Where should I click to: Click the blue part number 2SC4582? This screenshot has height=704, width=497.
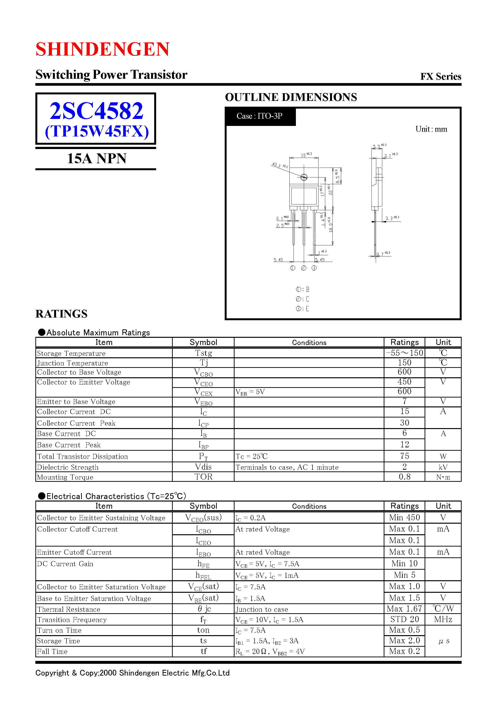96,111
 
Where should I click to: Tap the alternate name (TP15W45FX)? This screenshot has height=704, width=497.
97,131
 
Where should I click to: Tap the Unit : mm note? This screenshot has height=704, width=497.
431,129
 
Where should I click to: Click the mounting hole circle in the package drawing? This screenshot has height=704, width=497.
304,177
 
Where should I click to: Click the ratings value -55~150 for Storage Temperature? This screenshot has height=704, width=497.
404,353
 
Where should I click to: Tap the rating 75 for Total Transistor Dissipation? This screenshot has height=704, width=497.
404,456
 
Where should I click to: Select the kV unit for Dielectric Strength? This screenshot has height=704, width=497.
443,467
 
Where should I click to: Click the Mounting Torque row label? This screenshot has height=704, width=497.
65,477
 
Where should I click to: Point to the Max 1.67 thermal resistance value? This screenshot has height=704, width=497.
404,609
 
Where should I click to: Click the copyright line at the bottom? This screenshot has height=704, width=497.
132,673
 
